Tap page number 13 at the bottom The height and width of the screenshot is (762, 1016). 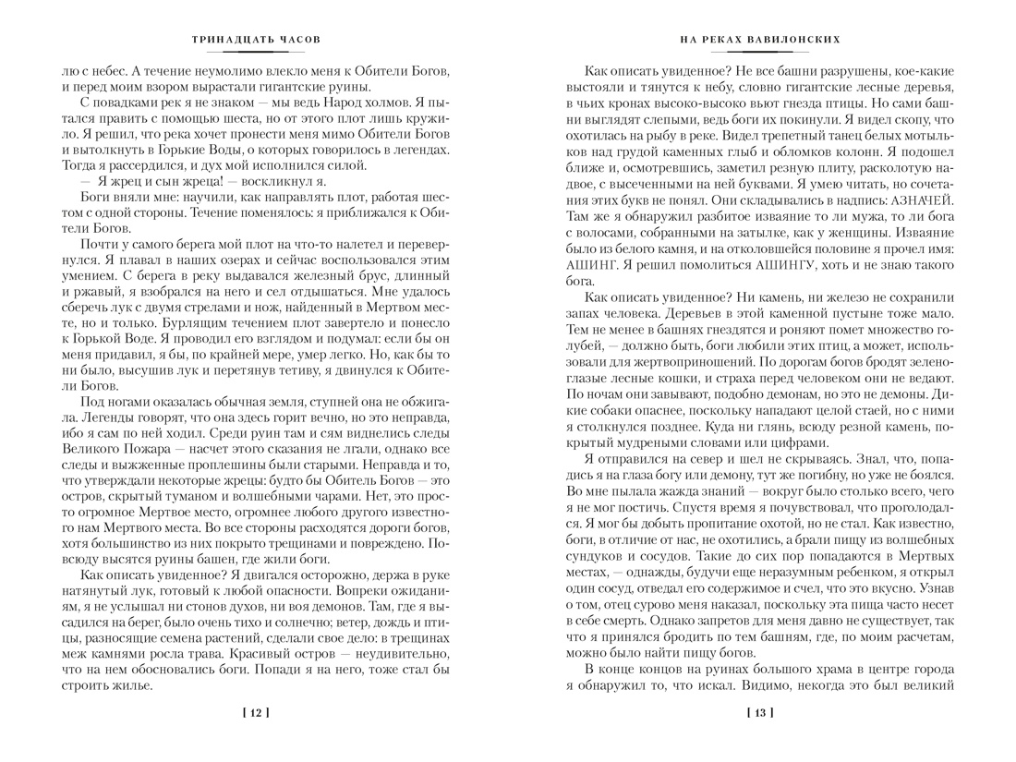[x=758, y=712]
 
